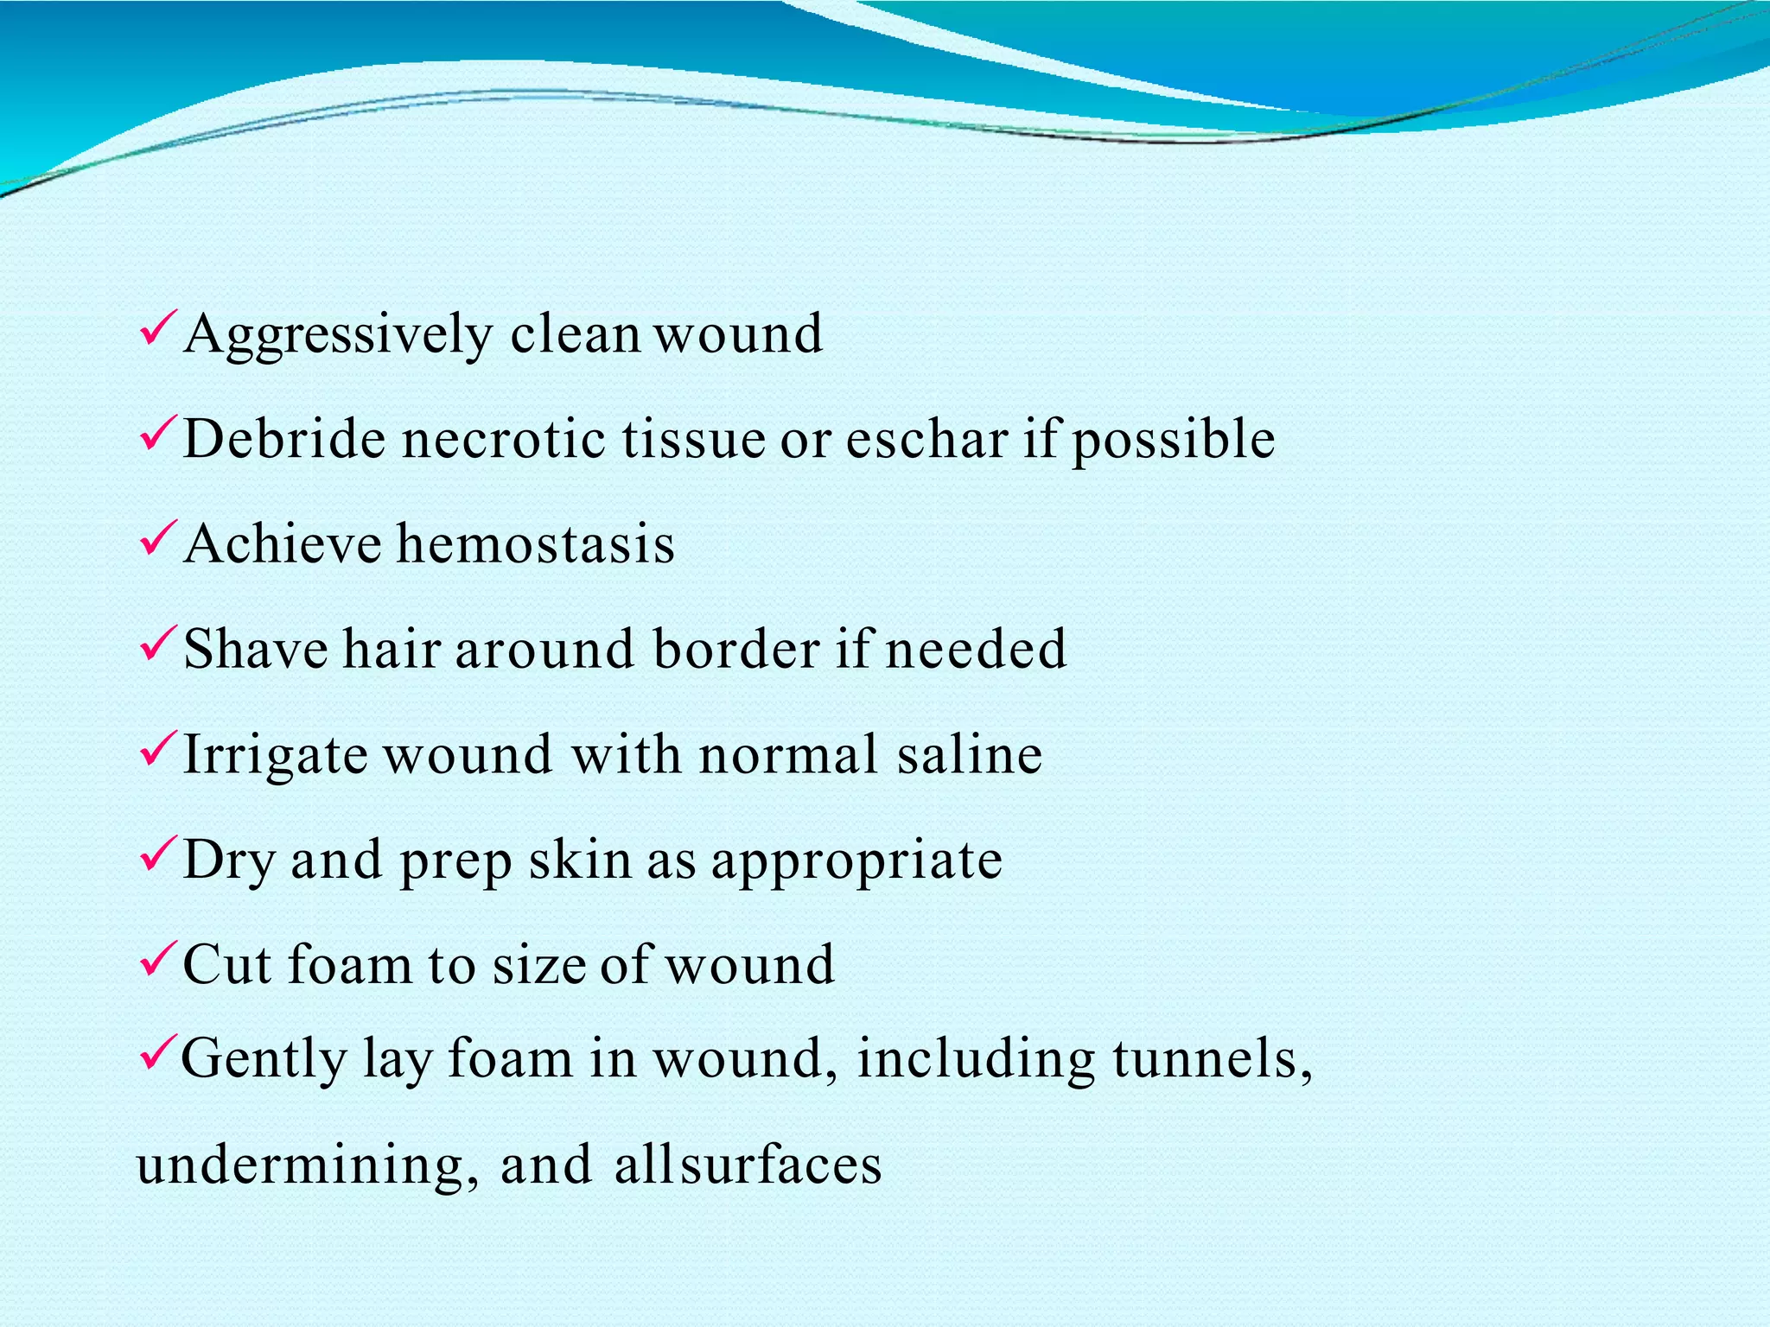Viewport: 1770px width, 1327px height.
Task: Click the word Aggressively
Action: point(338,334)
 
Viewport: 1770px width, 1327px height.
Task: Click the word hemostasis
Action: point(536,544)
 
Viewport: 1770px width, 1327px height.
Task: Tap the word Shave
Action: point(256,649)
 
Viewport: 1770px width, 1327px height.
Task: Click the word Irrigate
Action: point(276,754)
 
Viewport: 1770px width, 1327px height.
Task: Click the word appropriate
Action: point(856,861)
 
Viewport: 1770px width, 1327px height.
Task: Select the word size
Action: point(539,964)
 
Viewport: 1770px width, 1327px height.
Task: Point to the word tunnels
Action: point(1205,1058)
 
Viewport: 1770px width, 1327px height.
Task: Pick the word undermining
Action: point(308,1165)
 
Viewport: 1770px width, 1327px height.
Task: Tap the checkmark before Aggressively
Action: point(158,329)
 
